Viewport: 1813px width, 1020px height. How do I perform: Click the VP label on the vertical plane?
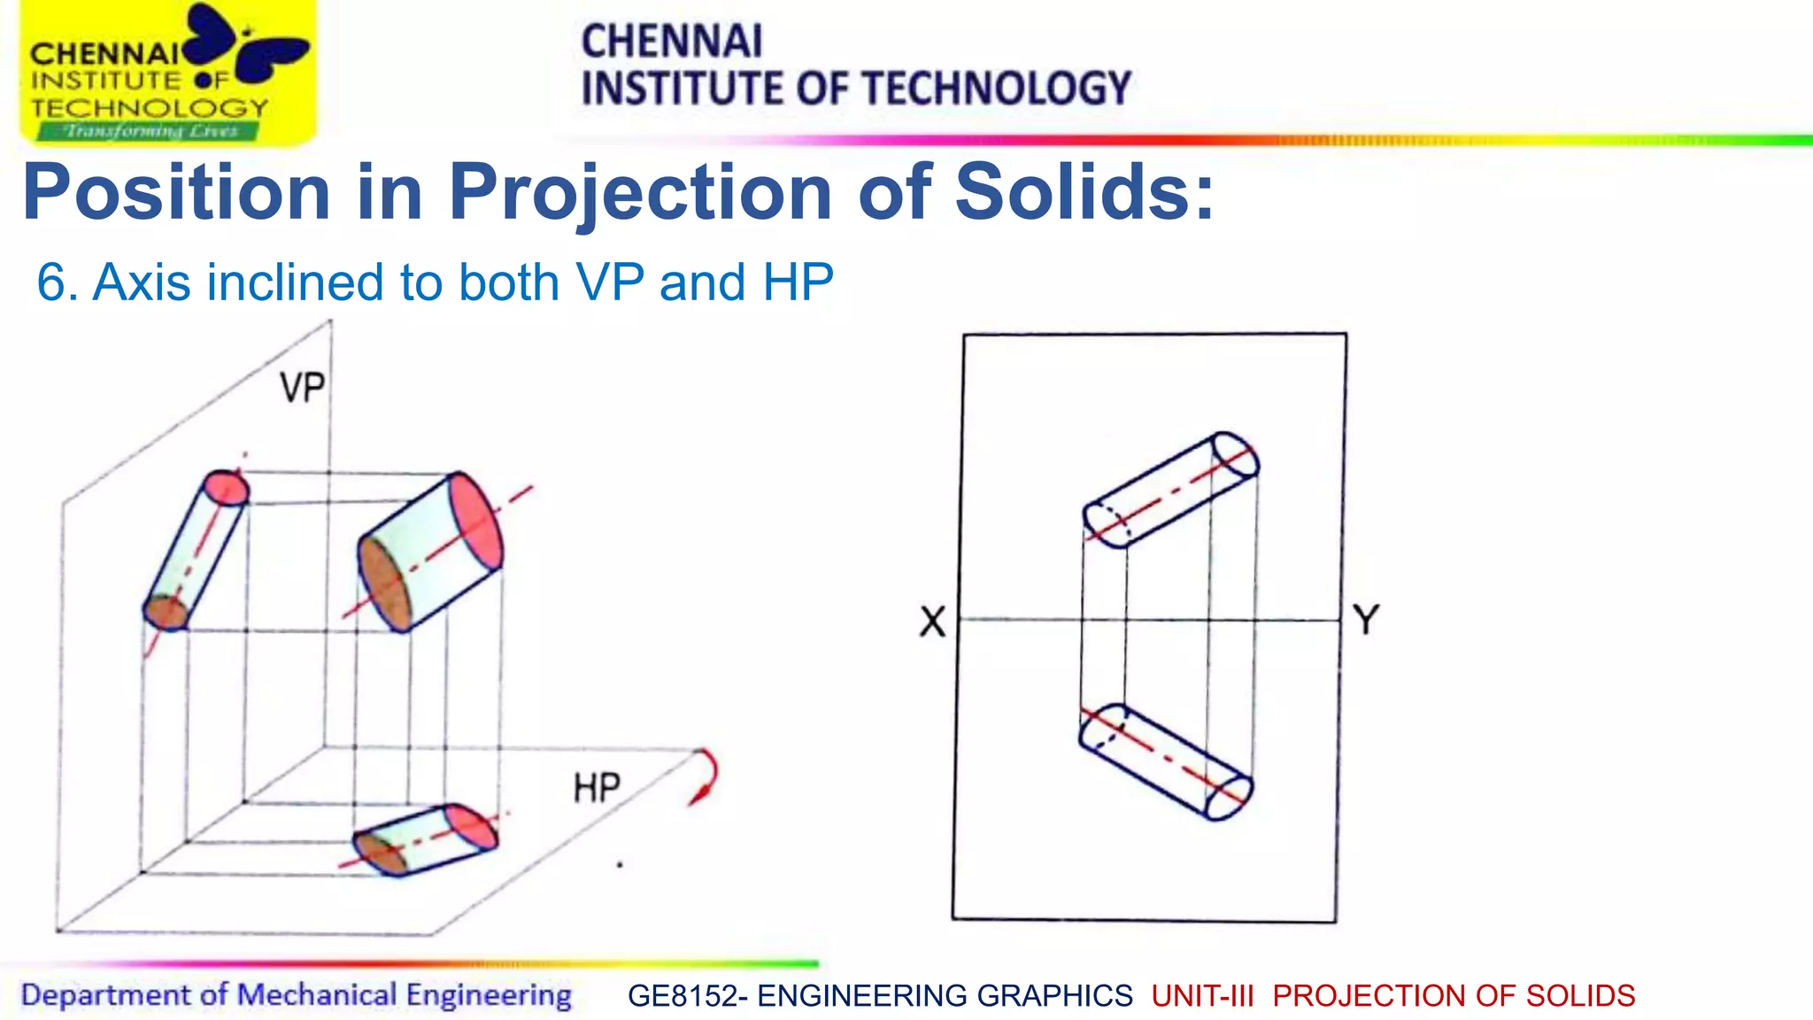tap(302, 388)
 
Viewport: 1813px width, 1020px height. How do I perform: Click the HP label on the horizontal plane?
tap(596, 788)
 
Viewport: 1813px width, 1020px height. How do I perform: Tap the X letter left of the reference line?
tap(932, 622)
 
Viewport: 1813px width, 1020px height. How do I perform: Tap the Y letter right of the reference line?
tap(1366, 620)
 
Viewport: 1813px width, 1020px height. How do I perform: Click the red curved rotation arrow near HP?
tap(705, 777)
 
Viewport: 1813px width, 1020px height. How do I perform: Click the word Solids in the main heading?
tap(1084, 192)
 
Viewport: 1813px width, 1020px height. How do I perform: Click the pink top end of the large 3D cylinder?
tap(476, 521)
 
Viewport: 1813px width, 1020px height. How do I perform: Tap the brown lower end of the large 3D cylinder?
tap(384, 584)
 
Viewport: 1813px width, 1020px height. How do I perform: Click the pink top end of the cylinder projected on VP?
tap(226, 488)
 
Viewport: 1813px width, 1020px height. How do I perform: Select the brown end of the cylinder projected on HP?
tap(379, 854)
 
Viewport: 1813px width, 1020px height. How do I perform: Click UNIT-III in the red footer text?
tap(1202, 996)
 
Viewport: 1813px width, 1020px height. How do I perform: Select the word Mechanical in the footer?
tap(317, 995)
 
